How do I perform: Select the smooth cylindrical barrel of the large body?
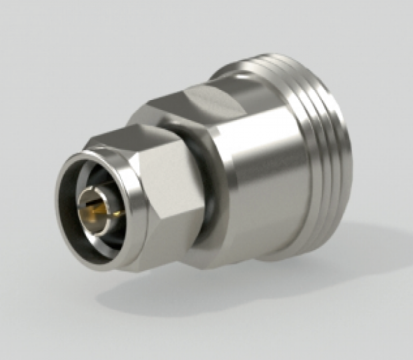point(266,167)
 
